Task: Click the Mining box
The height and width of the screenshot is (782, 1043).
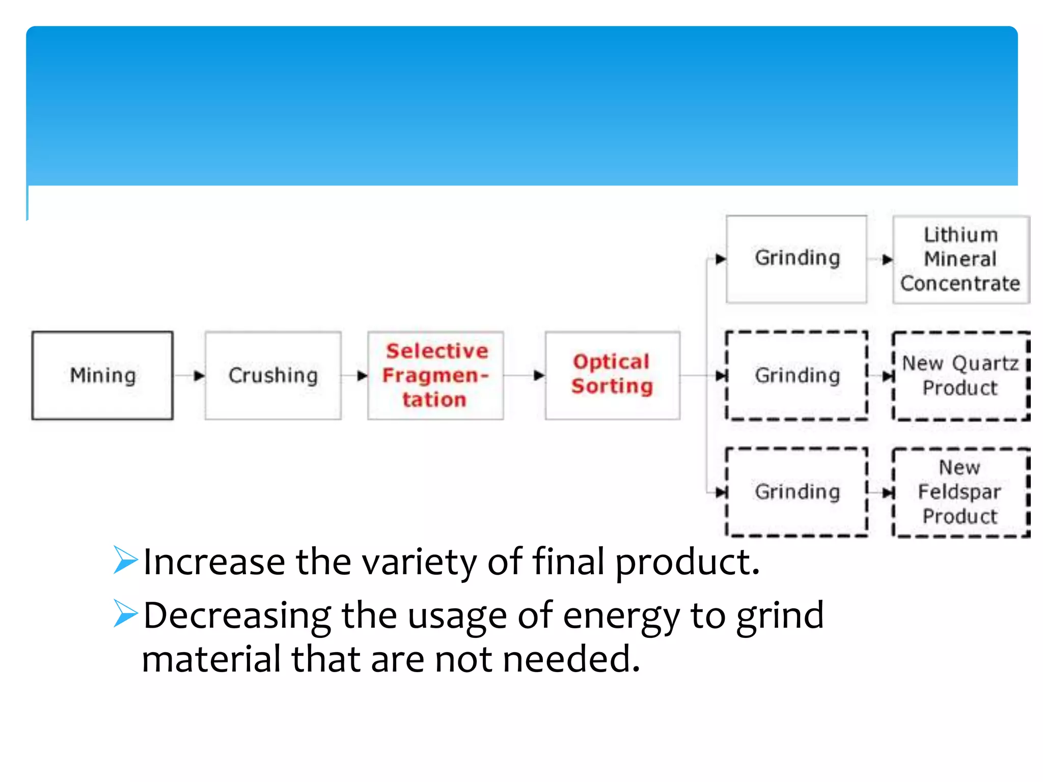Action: (x=102, y=376)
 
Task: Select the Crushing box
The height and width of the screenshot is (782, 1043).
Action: (x=273, y=376)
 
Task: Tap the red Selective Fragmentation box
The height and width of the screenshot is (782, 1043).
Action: (x=435, y=376)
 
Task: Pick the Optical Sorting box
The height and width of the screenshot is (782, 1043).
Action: (x=612, y=376)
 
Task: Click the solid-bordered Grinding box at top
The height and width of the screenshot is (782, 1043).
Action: (x=797, y=259)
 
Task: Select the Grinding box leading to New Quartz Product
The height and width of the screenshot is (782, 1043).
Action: (x=797, y=376)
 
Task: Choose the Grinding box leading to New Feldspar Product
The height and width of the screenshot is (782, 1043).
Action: (x=797, y=492)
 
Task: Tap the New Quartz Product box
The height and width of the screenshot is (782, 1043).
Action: (x=960, y=376)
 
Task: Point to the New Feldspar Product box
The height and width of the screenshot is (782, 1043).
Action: (x=960, y=492)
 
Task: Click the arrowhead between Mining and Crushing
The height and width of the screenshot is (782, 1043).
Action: (x=199, y=376)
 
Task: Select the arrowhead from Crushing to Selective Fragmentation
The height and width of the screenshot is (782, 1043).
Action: (x=362, y=376)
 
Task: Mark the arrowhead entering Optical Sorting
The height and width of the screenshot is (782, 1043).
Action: (x=539, y=376)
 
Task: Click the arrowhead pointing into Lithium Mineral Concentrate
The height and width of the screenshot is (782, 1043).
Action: (x=887, y=260)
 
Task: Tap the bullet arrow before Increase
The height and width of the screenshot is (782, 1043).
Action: (x=125, y=560)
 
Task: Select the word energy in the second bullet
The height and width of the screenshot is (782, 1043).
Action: (x=621, y=616)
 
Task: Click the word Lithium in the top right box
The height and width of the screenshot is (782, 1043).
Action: (x=960, y=235)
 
